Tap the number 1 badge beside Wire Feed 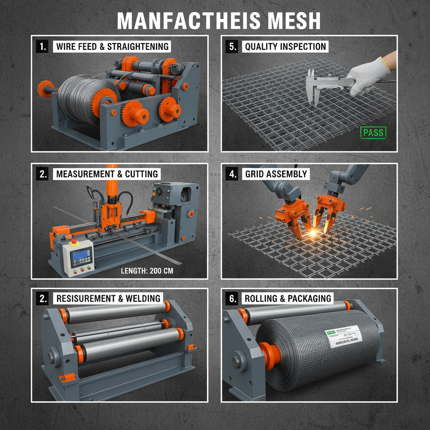point(42,46)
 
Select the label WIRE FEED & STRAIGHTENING point(112,46)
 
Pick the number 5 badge point(232,46)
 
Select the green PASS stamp point(373,133)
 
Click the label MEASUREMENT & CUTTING point(107,174)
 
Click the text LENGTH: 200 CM point(147,271)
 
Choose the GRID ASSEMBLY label point(275,174)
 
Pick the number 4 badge point(232,174)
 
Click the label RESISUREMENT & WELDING point(108,299)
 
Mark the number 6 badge point(232,299)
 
